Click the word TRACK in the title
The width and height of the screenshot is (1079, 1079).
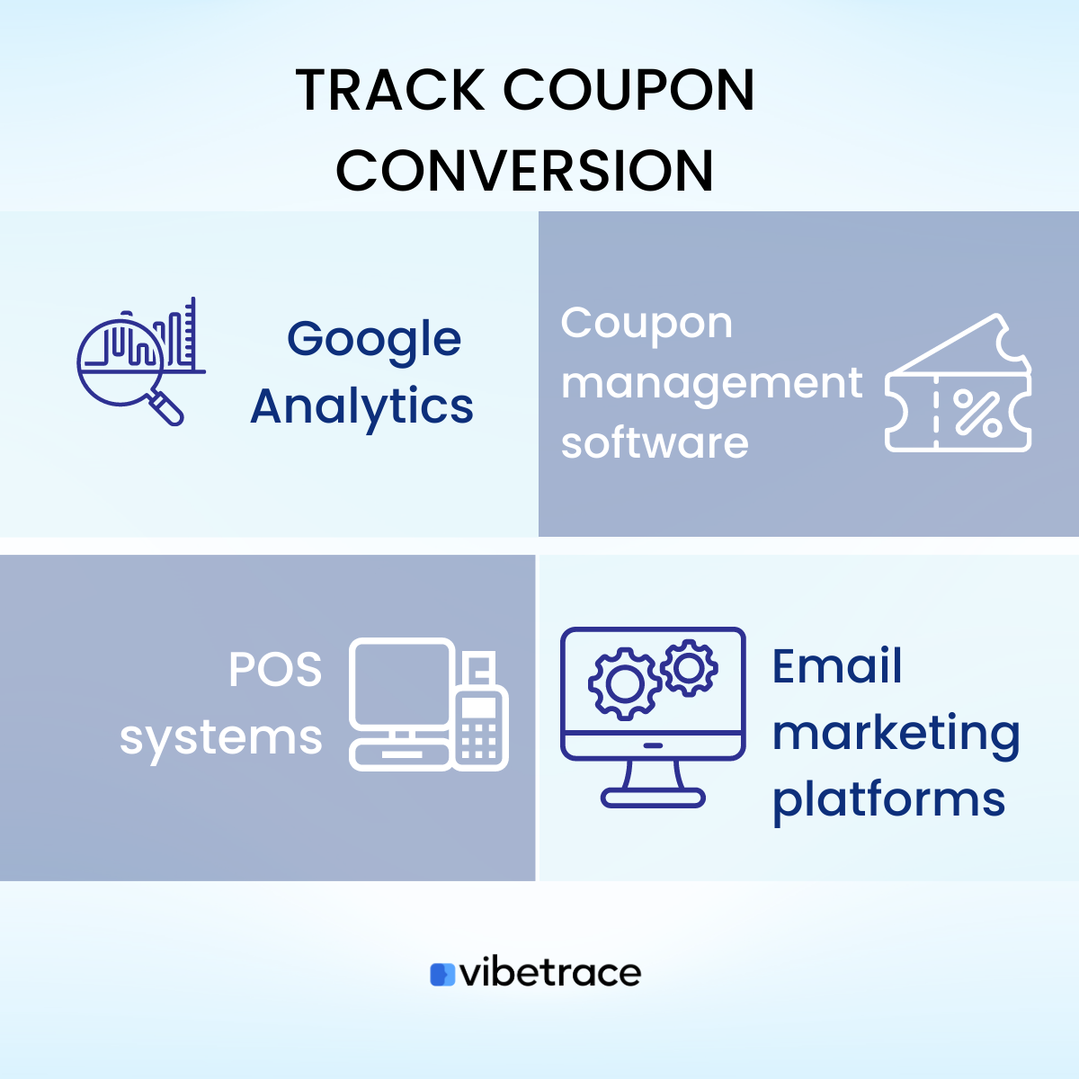[x=390, y=90]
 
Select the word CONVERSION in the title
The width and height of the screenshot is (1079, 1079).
[x=525, y=171]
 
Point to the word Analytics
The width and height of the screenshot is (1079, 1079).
[x=361, y=406]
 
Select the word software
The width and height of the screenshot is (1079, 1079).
[x=655, y=443]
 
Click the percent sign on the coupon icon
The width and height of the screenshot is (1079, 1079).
[x=977, y=413]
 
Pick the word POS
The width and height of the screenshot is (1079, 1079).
[x=275, y=670]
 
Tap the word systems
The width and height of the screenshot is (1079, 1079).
[x=221, y=739]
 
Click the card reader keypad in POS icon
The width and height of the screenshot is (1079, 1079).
[x=479, y=739]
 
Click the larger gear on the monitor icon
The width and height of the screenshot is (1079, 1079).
[x=621, y=684]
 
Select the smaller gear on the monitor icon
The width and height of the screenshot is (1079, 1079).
[x=689, y=667]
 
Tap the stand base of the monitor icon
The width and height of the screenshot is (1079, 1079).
[x=653, y=797]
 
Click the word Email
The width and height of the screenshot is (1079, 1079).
[x=837, y=667]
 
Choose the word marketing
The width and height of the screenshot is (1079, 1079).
[x=896, y=734]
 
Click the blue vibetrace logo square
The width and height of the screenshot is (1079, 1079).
[x=442, y=975]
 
